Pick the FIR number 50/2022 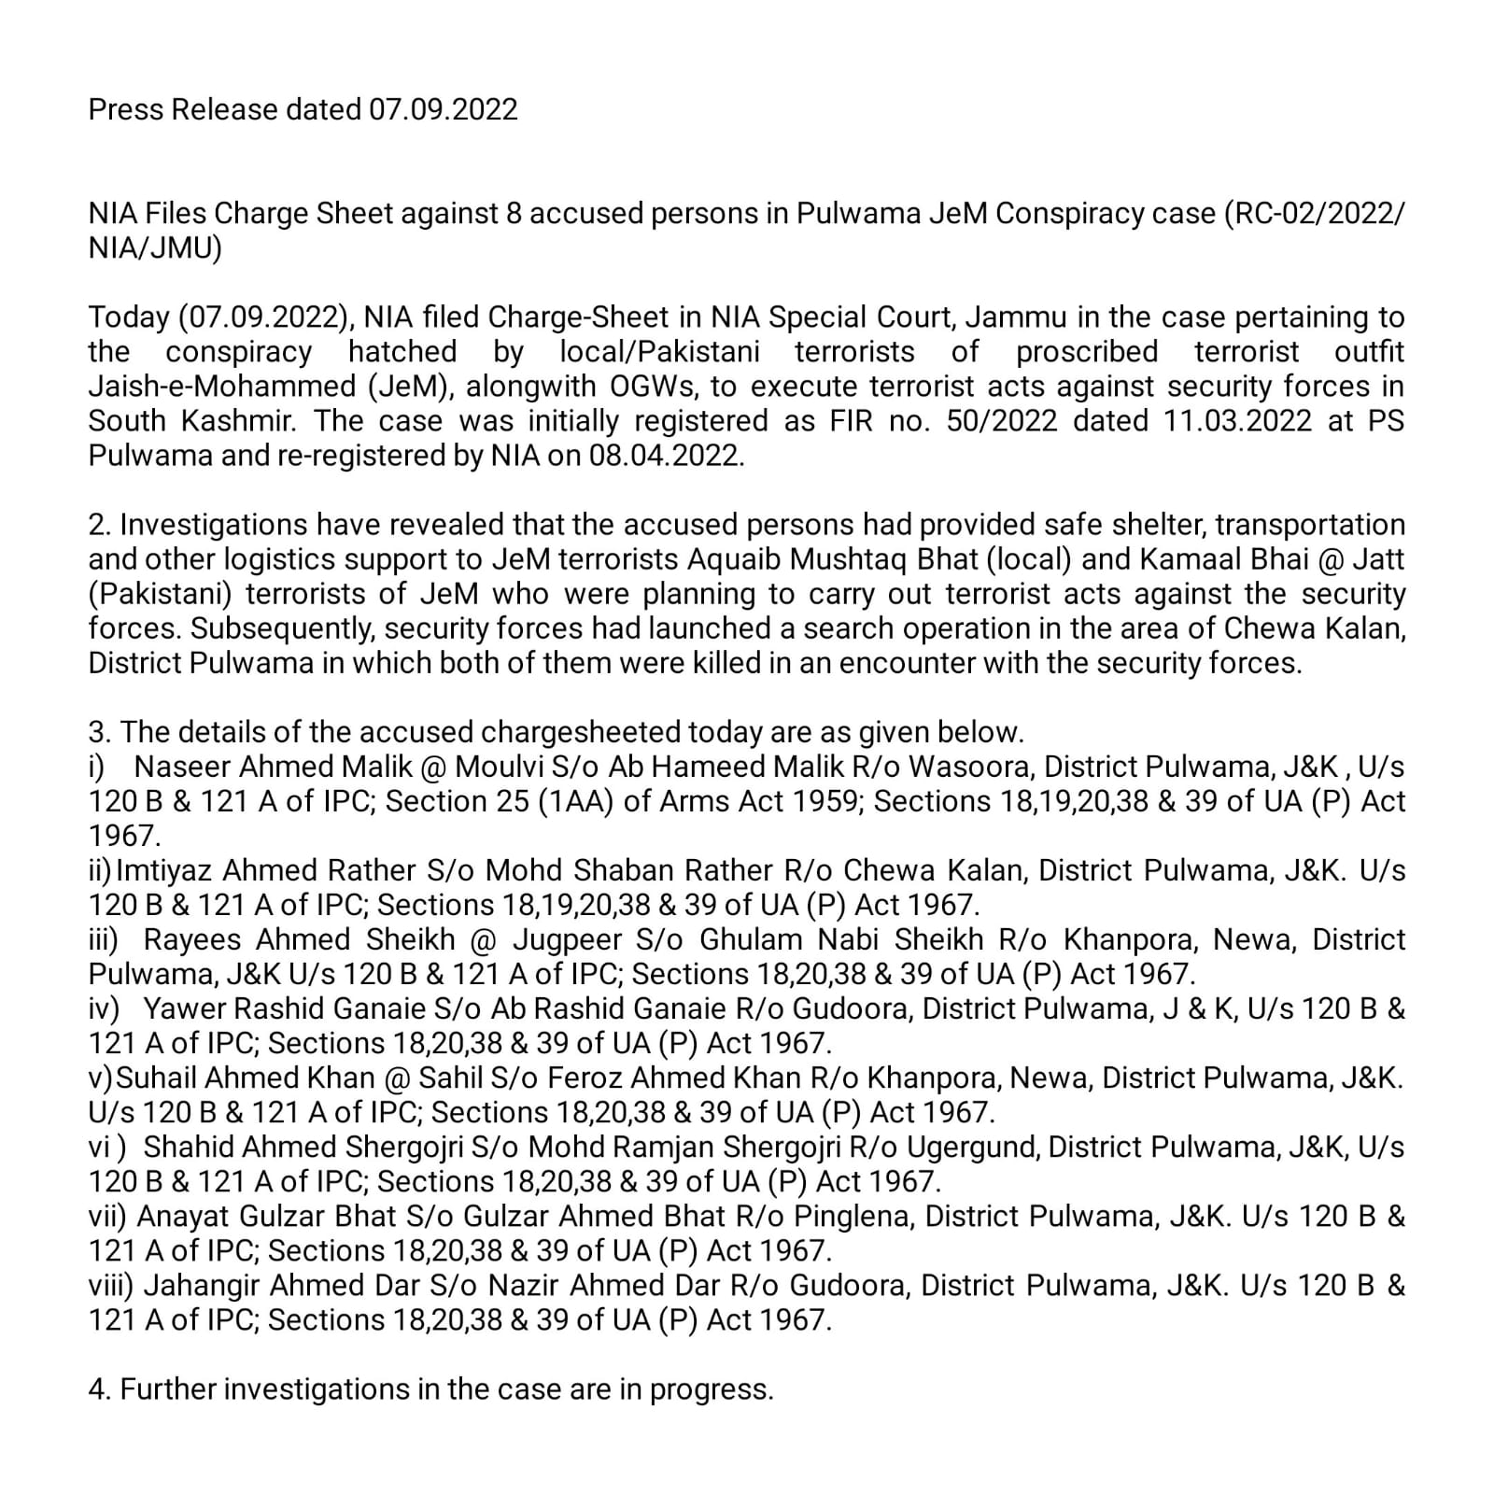[1002, 421]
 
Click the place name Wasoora [971, 767]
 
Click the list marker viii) [112, 1286]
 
